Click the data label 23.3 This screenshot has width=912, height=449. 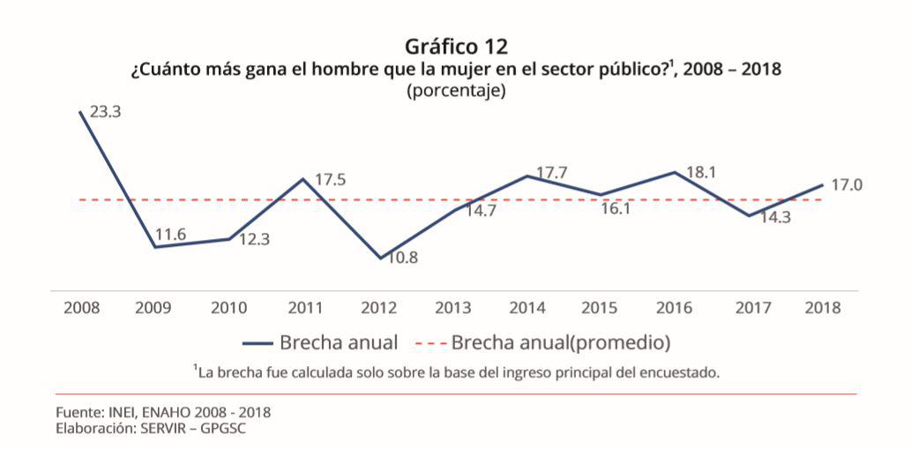click(106, 113)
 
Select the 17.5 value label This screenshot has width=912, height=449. click(330, 180)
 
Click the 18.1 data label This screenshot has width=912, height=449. click(700, 173)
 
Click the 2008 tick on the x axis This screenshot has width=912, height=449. click(81, 308)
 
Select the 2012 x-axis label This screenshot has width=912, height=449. click(379, 308)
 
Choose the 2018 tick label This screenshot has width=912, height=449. click(823, 308)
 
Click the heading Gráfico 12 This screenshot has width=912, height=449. click(456, 45)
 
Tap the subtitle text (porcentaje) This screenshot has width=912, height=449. click(456, 90)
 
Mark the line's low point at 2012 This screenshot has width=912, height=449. click(380, 258)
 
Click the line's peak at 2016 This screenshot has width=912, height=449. click(676, 172)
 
